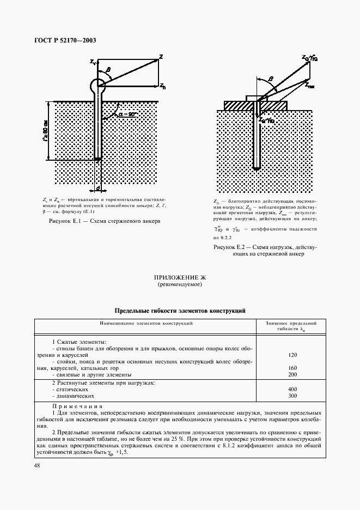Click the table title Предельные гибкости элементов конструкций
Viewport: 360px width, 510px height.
(x=180, y=310)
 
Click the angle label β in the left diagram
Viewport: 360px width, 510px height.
(x=108, y=69)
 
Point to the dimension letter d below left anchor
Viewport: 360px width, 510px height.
(x=97, y=189)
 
